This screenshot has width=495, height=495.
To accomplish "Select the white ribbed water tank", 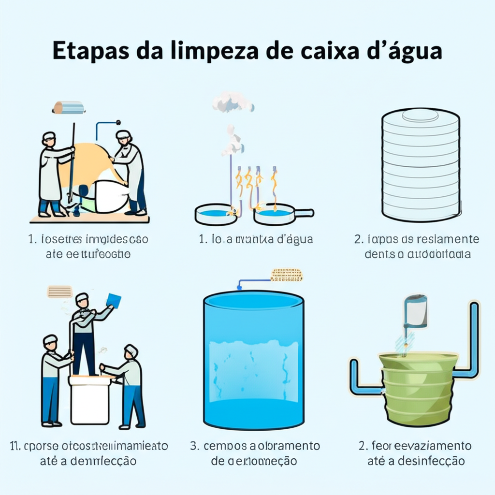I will click(420, 164).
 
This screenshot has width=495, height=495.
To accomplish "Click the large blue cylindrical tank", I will click(253, 360).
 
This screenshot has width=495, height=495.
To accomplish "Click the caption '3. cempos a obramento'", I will click(255, 445).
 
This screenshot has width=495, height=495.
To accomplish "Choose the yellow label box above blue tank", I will click(286, 275).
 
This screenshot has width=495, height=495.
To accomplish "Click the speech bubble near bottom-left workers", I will click(59, 291).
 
